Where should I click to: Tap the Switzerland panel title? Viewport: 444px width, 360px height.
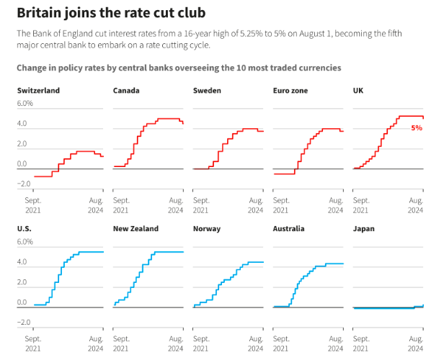tap(38, 90)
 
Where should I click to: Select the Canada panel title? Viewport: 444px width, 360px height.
tap(126, 90)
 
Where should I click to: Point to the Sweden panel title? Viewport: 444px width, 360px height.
tap(208, 90)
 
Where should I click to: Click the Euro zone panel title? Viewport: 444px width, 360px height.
tap(291, 90)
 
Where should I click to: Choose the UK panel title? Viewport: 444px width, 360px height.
tap(358, 90)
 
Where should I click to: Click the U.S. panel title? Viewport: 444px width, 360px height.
tap(25, 228)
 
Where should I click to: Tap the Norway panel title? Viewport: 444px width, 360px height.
tap(207, 228)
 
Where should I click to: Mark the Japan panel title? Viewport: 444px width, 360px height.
tap(364, 228)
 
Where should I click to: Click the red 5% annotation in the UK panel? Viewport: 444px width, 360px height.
tap(417, 127)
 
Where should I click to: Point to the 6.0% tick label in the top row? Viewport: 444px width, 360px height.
tap(25, 103)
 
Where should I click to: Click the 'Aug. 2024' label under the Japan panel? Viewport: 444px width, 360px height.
tap(415, 343)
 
